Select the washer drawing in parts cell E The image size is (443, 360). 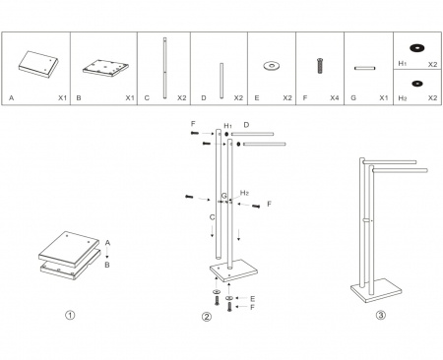[269, 67]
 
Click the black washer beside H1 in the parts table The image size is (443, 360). [416, 46]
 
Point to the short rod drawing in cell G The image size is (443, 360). [366, 68]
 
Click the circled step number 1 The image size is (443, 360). [69, 316]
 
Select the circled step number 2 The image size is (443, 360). [206, 316]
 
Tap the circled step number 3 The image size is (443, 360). [380, 316]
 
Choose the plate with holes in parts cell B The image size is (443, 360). [104, 66]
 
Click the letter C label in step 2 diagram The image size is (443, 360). [200, 214]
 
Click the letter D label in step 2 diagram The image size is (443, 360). [246, 125]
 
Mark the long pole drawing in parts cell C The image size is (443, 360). [163, 64]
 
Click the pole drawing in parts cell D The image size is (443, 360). [221, 77]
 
